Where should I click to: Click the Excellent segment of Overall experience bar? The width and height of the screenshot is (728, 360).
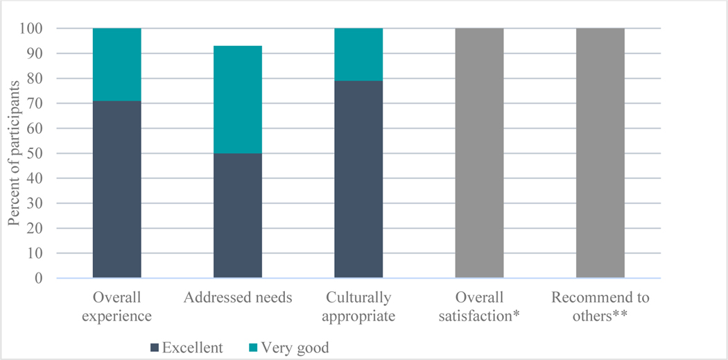pyautogui.click(x=116, y=189)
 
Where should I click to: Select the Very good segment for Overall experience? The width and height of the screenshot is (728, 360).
pyautogui.click(x=116, y=65)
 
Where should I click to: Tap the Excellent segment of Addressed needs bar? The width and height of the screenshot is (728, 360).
pyautogui.click(x=237, y=215)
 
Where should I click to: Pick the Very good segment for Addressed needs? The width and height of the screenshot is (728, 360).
pyautogui.click(x=237, y=99)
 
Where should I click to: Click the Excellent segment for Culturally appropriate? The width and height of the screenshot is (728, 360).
pyautogui.click(x=358, y=180)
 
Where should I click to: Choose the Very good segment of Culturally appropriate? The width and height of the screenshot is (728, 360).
pyautogui.click(x=358, y=55)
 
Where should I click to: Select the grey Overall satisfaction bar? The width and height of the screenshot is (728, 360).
pyautogui.click(x=479, y=153)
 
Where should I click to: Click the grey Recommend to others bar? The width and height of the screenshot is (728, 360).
pyautogui.click(x=600, y=153)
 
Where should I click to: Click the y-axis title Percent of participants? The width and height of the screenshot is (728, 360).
pyautogui.click(x=14, y=154)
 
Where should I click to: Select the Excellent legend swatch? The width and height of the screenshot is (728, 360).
pyautogui.click(x=154, y=348)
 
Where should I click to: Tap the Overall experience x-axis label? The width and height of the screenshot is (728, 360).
pyautogui.click(x=116, y=307)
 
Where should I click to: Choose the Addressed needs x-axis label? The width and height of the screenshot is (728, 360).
pyautogui.click(x=237, y=299)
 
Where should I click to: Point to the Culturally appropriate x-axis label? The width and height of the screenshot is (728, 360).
pyautogui.click(x=358, y=307)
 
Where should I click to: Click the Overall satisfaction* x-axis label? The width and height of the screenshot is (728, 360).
pyautogui.click(x=479, y=307)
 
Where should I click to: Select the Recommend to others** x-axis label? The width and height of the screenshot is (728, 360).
pyautogui.click(x=600, y=307)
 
